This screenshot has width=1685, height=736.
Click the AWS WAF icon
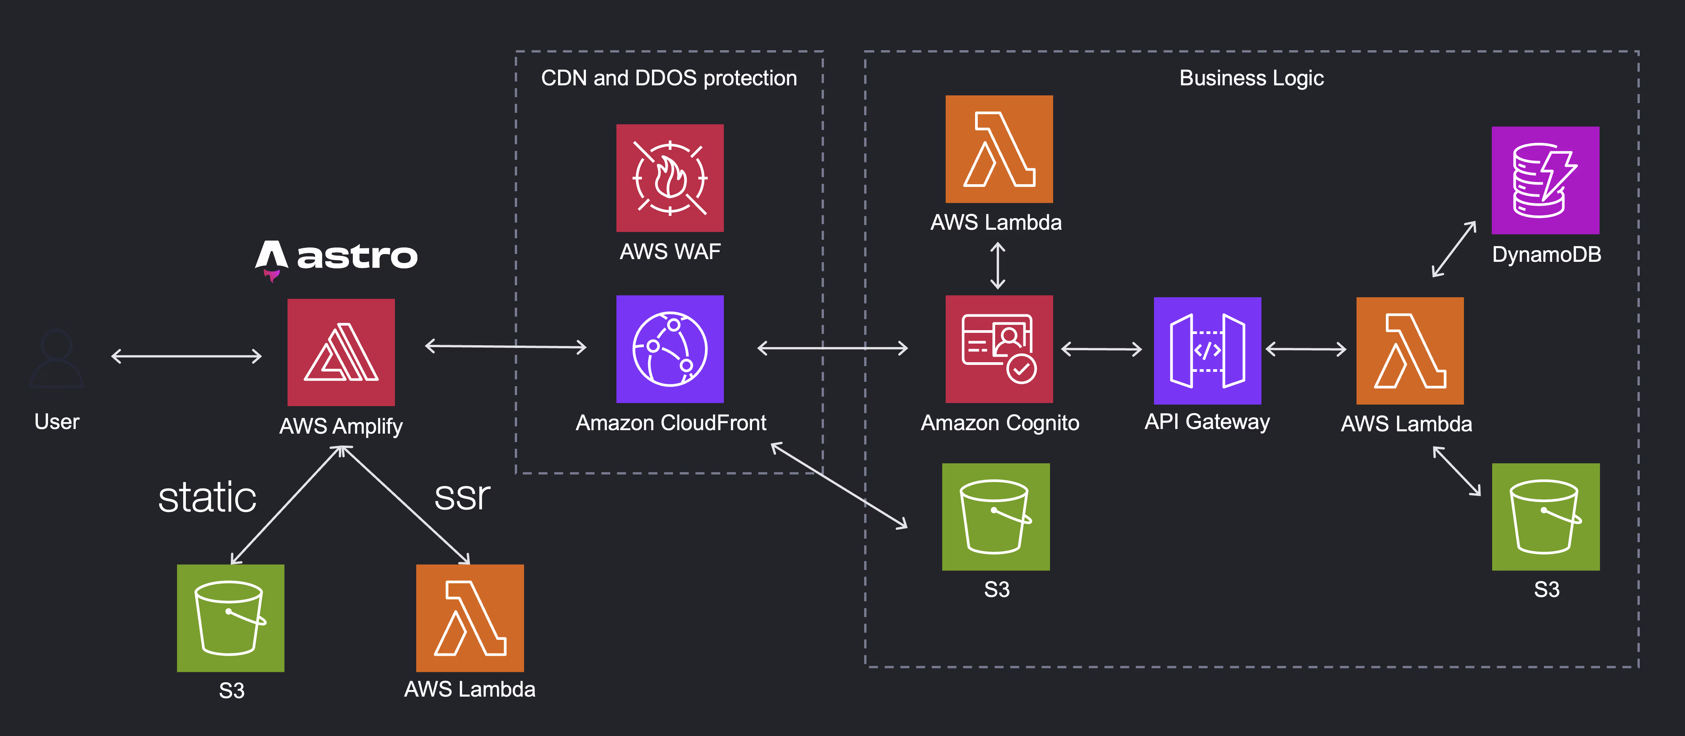[670, 178]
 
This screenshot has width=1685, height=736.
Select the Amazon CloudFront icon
[670, 349]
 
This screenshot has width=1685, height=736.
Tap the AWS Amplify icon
[341, 352]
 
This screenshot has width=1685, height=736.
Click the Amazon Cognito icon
[999, 349]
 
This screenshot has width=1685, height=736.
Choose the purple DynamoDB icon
[1545, 180]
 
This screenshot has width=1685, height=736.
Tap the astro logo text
[357, 256]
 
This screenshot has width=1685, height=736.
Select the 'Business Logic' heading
[1251, 78]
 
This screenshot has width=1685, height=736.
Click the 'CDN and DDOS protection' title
[669, 78]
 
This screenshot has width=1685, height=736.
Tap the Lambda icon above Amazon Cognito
[999, 149]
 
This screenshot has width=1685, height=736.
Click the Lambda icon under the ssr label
[470, 618]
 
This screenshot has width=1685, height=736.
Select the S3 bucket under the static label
[230, 618]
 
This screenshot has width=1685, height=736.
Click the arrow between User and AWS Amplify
[186, 356]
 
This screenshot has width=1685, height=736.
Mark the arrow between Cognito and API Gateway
[1101, 349]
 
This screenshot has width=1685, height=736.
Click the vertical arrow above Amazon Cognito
[997, 265]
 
